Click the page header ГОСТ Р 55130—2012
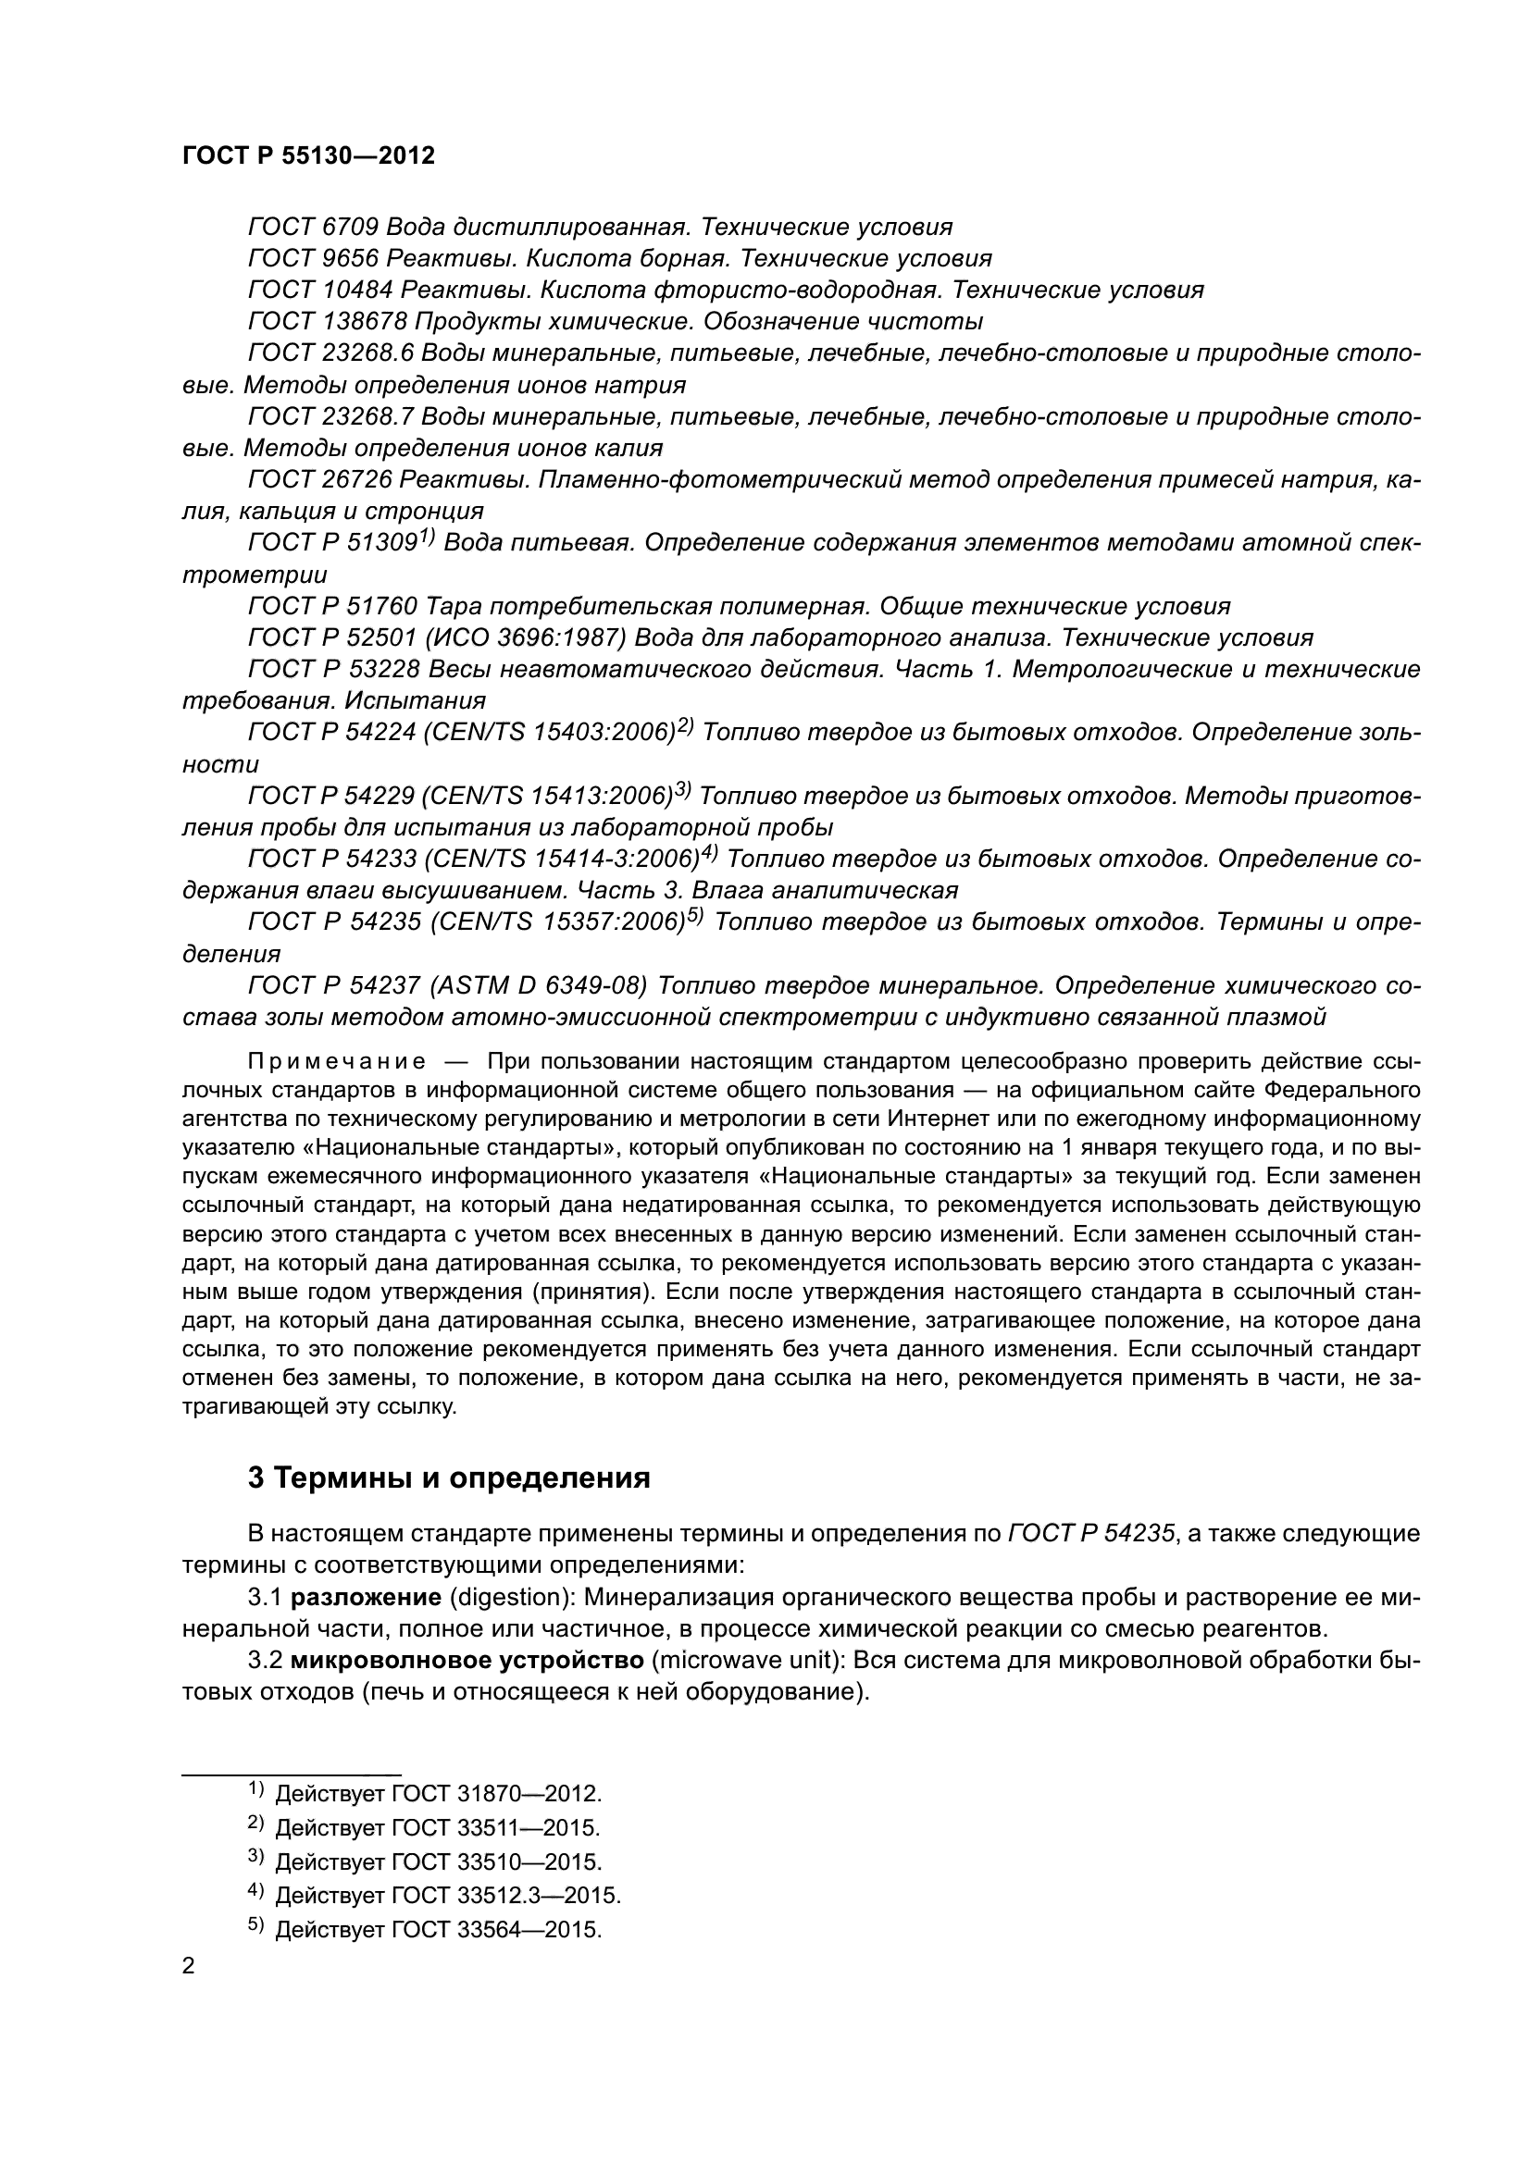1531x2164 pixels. [308, 156]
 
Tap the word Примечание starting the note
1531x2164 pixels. [336, 1062]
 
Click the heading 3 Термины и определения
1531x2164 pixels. [449, 1478]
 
